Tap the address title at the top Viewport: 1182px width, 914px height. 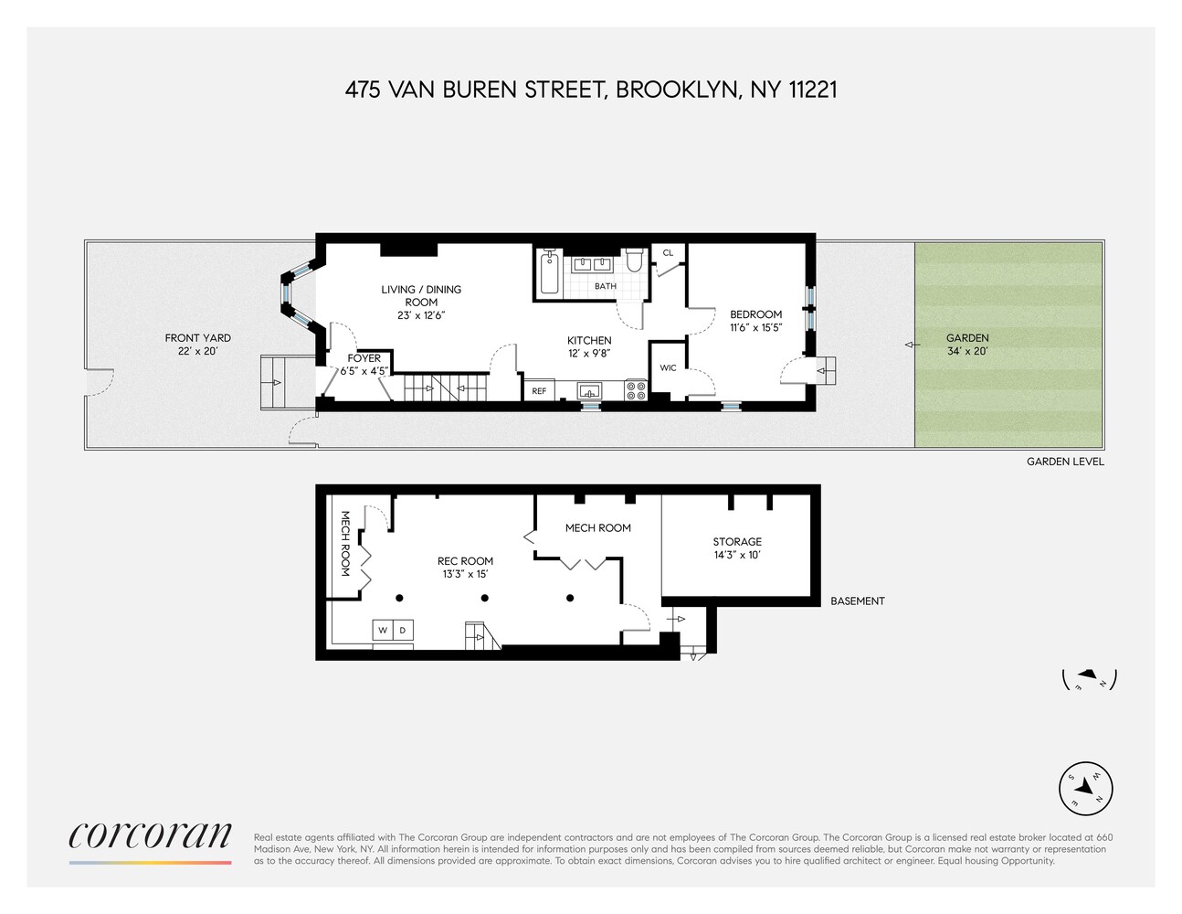(590, 90)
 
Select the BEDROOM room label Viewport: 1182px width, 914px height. (755, 314)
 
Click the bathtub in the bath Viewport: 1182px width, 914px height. (549, 271)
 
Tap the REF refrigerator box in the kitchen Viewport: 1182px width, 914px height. (539, 391)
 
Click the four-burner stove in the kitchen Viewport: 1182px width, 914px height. (636, 391)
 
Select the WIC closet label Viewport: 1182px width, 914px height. (668, 368)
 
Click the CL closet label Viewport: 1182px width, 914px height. (668, 253)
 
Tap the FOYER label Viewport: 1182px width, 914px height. (364, 358)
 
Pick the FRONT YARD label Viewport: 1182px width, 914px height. (198, 338)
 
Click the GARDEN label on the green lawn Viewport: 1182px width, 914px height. (967, 338)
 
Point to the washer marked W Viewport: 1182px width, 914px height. (383, 631)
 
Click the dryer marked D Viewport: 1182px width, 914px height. (403, 631)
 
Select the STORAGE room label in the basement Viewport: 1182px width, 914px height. (737, 542)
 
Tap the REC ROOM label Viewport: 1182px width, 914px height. (465, 561)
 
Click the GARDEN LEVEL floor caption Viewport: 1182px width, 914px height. (1065, 462)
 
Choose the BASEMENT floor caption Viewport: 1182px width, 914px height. (857, 601)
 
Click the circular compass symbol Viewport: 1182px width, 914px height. (1086, 787)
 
